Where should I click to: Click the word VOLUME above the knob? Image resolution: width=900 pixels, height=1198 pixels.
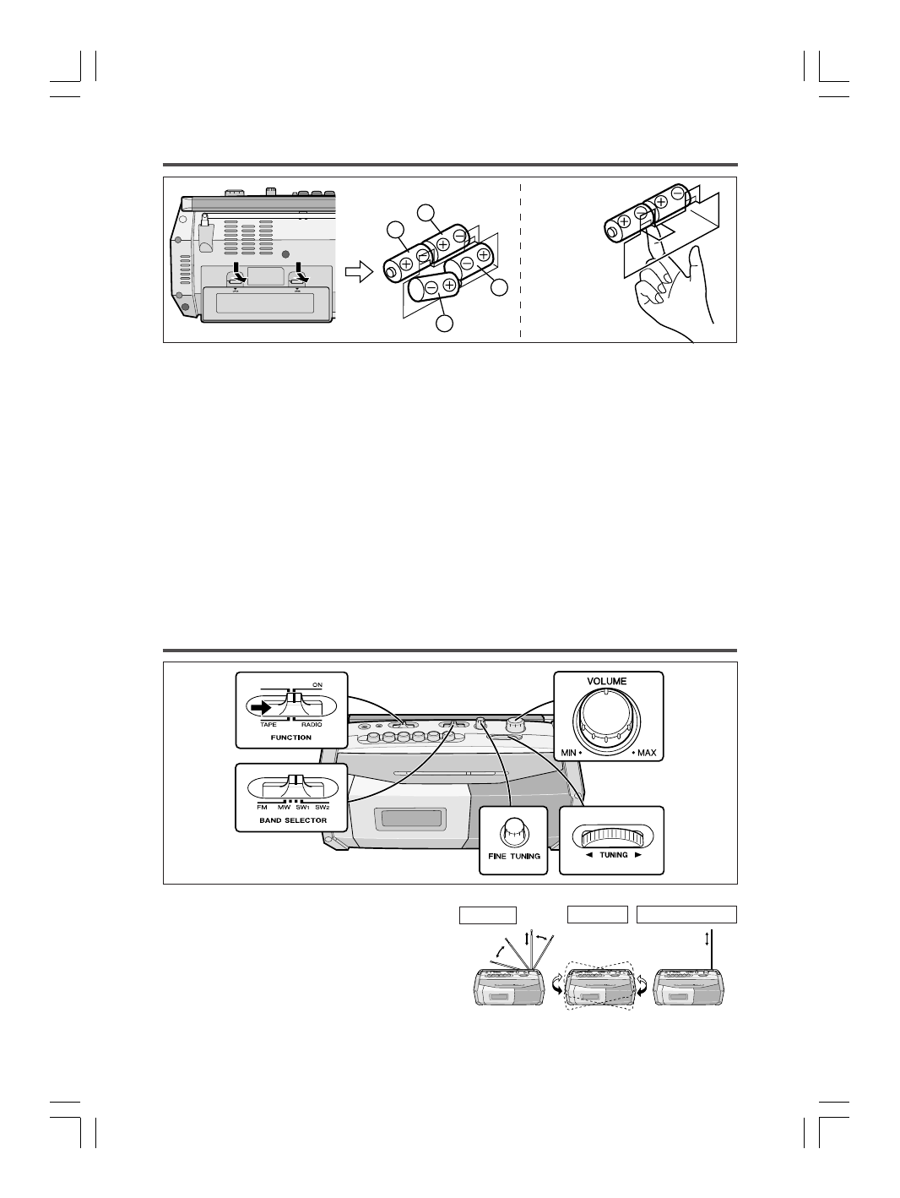click(608, 681)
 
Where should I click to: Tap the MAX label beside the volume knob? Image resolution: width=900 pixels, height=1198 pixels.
click(647, 752)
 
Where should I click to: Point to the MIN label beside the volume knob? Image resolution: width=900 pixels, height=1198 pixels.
click(567, 752)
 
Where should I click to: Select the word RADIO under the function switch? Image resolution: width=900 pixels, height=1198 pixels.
click(311, 725)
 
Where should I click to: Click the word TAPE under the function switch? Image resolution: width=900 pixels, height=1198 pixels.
click(268, 725)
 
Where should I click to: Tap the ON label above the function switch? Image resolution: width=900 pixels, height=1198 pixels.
click(317, 684)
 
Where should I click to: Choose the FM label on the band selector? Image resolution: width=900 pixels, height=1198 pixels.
click(262, 807)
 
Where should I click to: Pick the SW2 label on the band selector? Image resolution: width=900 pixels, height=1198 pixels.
click(323, 807)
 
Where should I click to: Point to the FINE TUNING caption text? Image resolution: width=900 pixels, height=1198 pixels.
click(514, 856)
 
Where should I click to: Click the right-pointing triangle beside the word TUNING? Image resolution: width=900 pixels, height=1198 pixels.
click(638, 855)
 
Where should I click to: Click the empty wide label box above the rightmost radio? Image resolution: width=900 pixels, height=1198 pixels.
click(686, 914)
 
